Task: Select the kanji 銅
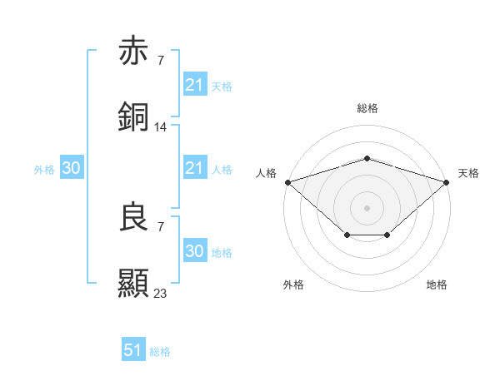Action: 133,117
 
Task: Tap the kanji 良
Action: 133,217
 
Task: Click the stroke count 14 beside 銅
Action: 161,126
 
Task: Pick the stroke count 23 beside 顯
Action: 161,293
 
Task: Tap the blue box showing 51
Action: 133,350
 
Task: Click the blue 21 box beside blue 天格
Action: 194,84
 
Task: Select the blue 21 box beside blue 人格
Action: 194,168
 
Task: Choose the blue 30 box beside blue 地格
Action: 194,251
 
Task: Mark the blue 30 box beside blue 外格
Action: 72,168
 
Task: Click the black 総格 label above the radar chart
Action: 367,108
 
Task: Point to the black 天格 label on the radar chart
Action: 468,173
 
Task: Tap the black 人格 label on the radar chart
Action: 266,173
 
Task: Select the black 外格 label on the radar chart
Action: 293,285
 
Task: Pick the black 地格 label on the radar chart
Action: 437,285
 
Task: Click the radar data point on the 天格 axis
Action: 447,181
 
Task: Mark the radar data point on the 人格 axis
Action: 287,181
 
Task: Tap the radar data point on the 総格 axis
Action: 367,158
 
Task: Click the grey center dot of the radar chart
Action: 367,207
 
